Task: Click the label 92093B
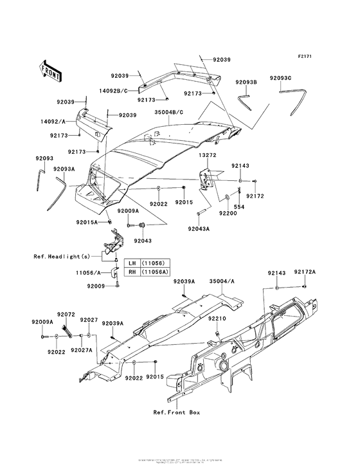(x=246, y=82)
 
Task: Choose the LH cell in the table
(x=131, y=264)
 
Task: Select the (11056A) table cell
(x=153, y=272)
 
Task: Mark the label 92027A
(x=84, y=350)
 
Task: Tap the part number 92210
(x=218, y=318)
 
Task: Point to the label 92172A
(x=305, y=272)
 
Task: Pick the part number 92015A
(x=87, y=222)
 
